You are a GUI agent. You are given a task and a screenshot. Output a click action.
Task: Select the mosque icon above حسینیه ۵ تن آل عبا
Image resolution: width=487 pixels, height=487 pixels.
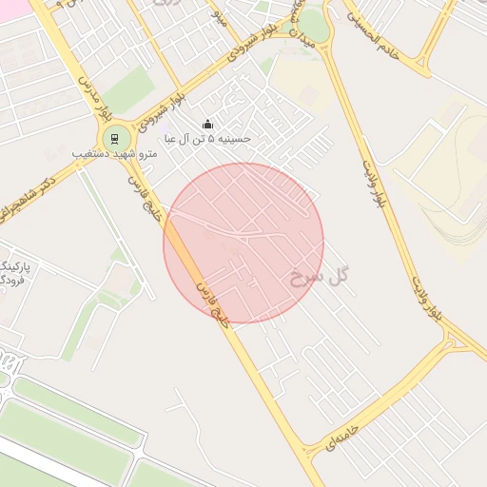pyautogui.click(x=208, y=125)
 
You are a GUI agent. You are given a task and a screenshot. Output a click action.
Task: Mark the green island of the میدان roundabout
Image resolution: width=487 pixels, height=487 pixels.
pyautogui.click(x=315, y=26)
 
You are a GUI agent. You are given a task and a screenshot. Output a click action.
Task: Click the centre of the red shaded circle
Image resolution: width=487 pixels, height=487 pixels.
pyautogui.click(x=243, y=243)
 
